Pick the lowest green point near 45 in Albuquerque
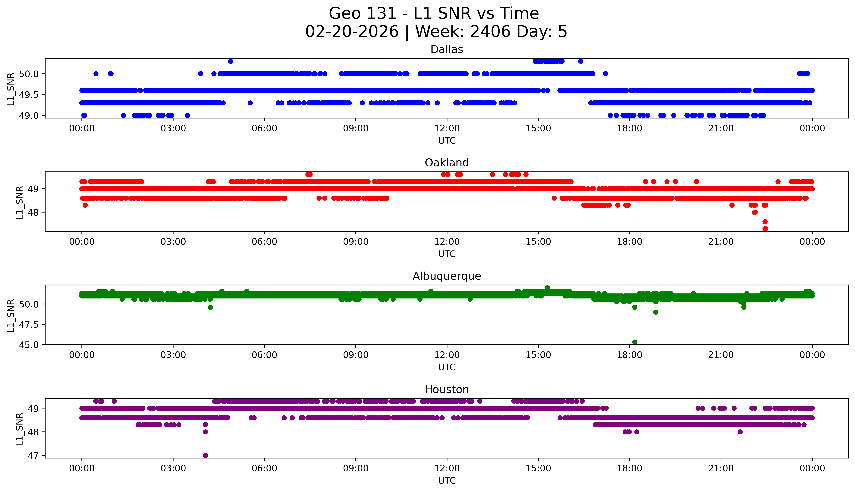coord(634,342)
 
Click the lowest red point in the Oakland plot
coord(765,229)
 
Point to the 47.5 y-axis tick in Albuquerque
coord(29,324)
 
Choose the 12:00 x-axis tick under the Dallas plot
coord(447,128)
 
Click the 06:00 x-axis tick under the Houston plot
coord(264,468)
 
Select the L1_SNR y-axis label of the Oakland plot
coord(20,202)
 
